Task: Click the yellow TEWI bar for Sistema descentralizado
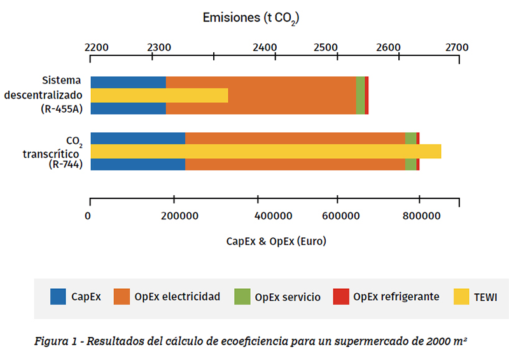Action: click(159, 95)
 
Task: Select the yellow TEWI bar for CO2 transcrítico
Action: click(265, 151)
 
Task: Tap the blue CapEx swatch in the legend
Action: click(59, 296)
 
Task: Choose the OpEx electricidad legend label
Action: click(177, 296)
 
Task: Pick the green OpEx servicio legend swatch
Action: click(242, 296)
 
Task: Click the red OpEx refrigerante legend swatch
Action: click(341, 296)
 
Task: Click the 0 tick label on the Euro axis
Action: click(88, 216)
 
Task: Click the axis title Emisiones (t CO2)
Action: click(251, 18)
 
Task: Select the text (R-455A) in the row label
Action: click(60, 109)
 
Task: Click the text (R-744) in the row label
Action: click(66, 165)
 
